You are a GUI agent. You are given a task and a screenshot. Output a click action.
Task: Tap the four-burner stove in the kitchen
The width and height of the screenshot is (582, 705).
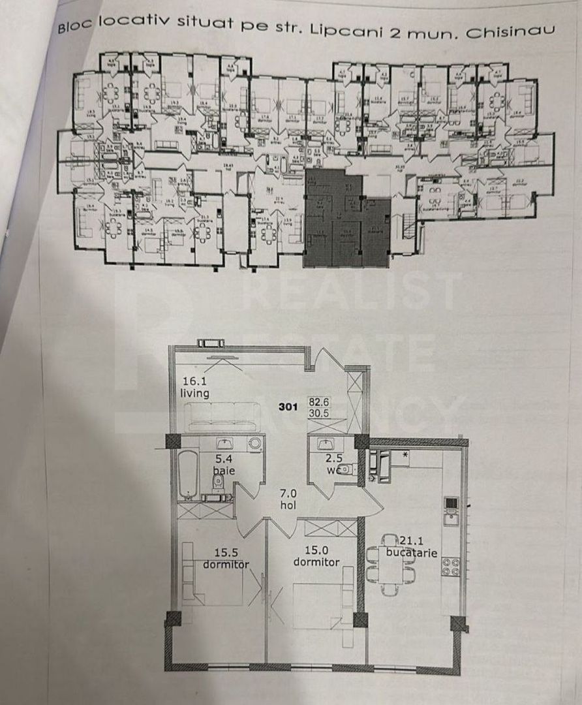[451, 565]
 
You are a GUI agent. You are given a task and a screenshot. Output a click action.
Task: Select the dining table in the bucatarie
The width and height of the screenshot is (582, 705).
[390, 565]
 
